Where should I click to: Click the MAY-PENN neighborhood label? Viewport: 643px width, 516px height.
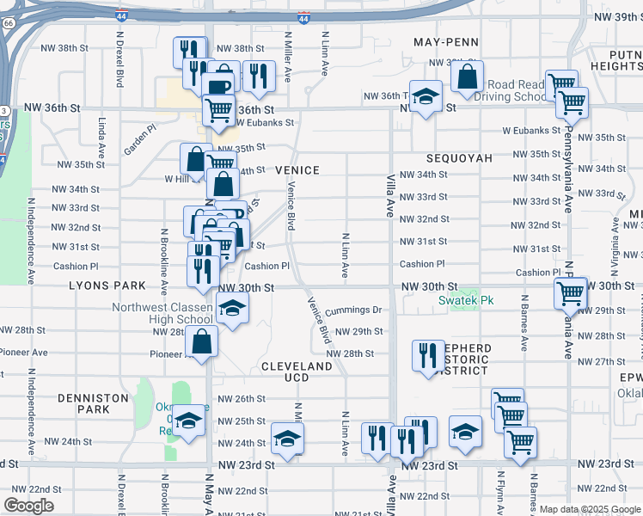(445, 41)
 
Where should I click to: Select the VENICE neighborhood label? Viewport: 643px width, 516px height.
(297, 170)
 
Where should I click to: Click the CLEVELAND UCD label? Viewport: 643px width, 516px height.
(297, 372)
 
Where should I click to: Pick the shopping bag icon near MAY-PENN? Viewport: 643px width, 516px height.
(467, 77)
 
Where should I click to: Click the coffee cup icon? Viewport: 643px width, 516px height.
(218, 84)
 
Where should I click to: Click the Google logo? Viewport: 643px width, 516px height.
(28, 506)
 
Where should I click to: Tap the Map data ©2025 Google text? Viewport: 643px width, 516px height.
(588, 509)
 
